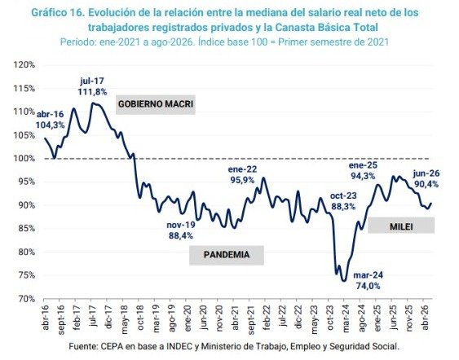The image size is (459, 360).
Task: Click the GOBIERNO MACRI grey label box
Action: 156,104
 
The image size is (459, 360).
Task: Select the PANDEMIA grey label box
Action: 227,255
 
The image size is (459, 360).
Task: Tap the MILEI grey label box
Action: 401,225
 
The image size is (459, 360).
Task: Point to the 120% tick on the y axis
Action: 24,64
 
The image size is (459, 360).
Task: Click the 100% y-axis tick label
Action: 24,159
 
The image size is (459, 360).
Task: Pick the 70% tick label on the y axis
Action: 27,299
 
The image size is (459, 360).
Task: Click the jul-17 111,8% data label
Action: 92,86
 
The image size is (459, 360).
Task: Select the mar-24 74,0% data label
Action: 368,280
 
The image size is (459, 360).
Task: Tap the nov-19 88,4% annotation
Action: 181,230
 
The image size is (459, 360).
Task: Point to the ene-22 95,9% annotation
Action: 242,174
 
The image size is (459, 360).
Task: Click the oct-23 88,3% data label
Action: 343,201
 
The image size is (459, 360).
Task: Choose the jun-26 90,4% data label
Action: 426,178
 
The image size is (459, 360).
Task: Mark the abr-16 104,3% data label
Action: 50,120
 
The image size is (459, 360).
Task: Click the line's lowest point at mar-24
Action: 344,281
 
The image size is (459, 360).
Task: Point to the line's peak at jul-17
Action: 93,103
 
